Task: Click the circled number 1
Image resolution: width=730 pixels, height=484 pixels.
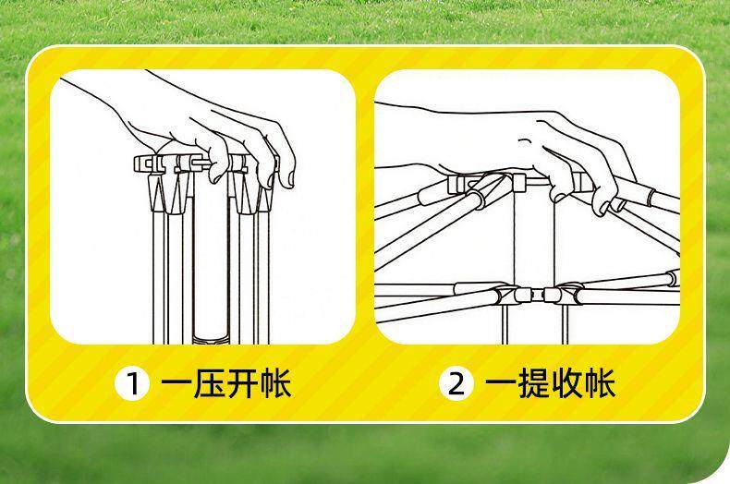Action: (x=131, y=383)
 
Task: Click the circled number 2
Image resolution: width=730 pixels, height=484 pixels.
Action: (x=456, y=383)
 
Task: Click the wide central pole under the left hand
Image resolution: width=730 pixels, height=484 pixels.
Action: (x=208, y=259)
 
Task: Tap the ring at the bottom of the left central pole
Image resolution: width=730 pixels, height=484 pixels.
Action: (x=208, y=333)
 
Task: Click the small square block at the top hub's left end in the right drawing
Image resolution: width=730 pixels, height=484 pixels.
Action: (x=458, y=184)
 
